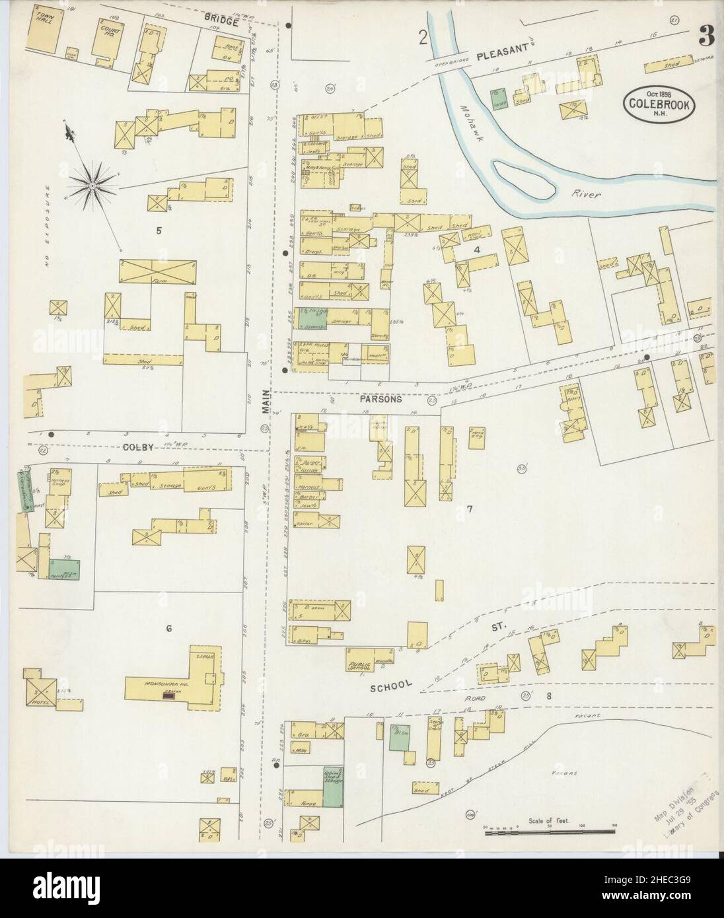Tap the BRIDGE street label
tap(221, 21)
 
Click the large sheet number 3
tap(707, 38)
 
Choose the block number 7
tap(468, 509)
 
